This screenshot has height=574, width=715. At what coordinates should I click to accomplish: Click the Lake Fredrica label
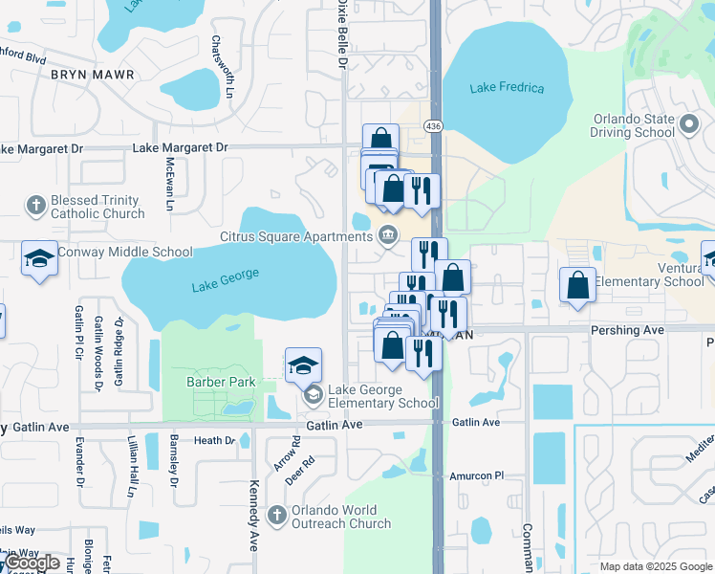507,88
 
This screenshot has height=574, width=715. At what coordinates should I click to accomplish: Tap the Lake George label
225,278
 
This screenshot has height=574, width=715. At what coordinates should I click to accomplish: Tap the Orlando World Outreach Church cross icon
277,516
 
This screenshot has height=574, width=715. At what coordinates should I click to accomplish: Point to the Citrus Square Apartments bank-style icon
388,234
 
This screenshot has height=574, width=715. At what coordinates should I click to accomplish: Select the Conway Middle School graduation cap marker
39,258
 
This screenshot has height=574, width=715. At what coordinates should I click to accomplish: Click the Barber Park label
215,382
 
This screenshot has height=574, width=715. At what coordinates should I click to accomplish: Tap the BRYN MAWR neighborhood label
92,74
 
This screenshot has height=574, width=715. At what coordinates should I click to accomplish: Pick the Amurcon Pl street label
476,475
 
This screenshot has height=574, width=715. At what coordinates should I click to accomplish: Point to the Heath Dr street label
214,440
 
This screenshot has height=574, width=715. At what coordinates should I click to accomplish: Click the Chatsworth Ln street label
229,67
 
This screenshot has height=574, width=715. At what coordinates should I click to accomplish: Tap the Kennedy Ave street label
254,516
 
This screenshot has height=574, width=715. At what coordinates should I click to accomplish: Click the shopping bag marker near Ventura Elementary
577,285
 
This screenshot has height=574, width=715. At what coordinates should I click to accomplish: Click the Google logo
33,563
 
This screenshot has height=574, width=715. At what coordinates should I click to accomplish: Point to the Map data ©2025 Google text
655,566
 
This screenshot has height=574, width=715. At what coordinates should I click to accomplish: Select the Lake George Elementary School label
383,396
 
